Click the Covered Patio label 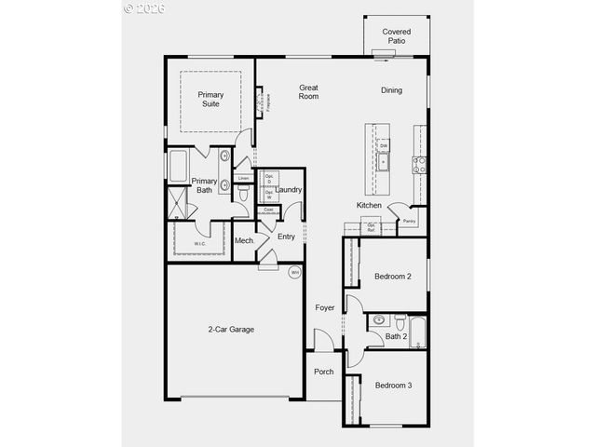point(396,36)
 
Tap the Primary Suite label point(210,100)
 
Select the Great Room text point(308,92)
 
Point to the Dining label point(392,90)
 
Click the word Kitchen point(369,205)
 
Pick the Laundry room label point(289,190)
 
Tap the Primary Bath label point(204,185)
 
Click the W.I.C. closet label point(199,244)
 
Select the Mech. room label point(245,241)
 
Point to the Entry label point(286,237)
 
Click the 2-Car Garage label point(231,330)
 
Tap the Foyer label point(324,307)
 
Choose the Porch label point(323,372)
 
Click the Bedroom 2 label point(393,277)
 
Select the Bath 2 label point(396,336)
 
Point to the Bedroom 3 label point(393,386)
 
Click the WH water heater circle point(294,273)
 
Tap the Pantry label point(409,222)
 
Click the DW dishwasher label point(383,146)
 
